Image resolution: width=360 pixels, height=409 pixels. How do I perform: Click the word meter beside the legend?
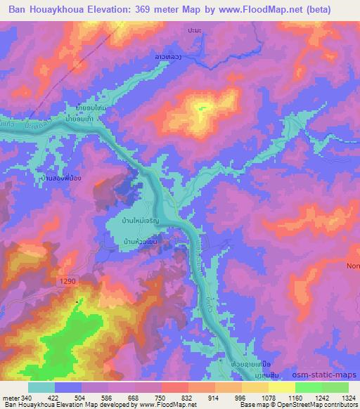pyautogui.click(x=12, y=398)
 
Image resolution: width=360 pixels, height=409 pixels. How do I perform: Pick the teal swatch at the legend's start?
pyautogui.click(x=41, y=387)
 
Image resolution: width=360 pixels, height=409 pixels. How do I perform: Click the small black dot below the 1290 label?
pyautogui.click(x=77, y=301)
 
